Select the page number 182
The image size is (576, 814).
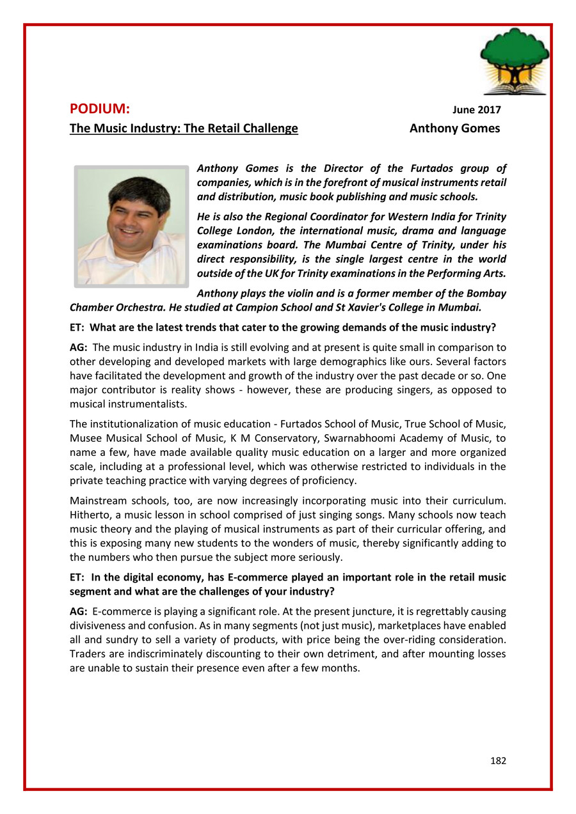pos(498,760)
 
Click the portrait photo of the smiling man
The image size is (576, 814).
pos(131,226)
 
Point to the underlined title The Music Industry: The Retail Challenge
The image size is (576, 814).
pos(184,129)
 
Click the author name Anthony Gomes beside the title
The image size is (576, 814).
pos(454,129)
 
